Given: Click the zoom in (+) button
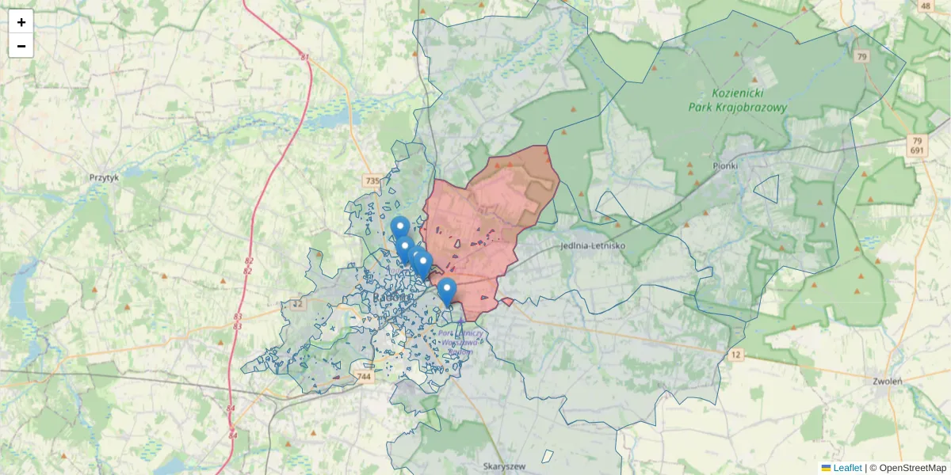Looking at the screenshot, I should pos(21,22).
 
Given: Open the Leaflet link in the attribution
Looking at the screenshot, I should pos(847,468).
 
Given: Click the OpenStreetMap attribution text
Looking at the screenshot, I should pos(913,468).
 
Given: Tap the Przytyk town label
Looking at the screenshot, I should pos(104,178).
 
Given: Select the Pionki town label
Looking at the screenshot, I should pos(724,165).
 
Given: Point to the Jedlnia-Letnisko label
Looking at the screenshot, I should pos(592,245).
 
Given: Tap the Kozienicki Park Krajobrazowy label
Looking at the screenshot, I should pos(748,100).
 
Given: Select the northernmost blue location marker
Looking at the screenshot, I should pos(400,229).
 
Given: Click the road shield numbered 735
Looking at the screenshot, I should pos(373,181).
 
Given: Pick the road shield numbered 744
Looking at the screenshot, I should pos(365,377).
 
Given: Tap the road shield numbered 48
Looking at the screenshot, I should pos(925,6).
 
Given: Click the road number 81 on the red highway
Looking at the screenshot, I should pos(305,57).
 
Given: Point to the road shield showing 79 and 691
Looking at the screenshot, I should pos(917,146).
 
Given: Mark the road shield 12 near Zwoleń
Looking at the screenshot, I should pos(737,354).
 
